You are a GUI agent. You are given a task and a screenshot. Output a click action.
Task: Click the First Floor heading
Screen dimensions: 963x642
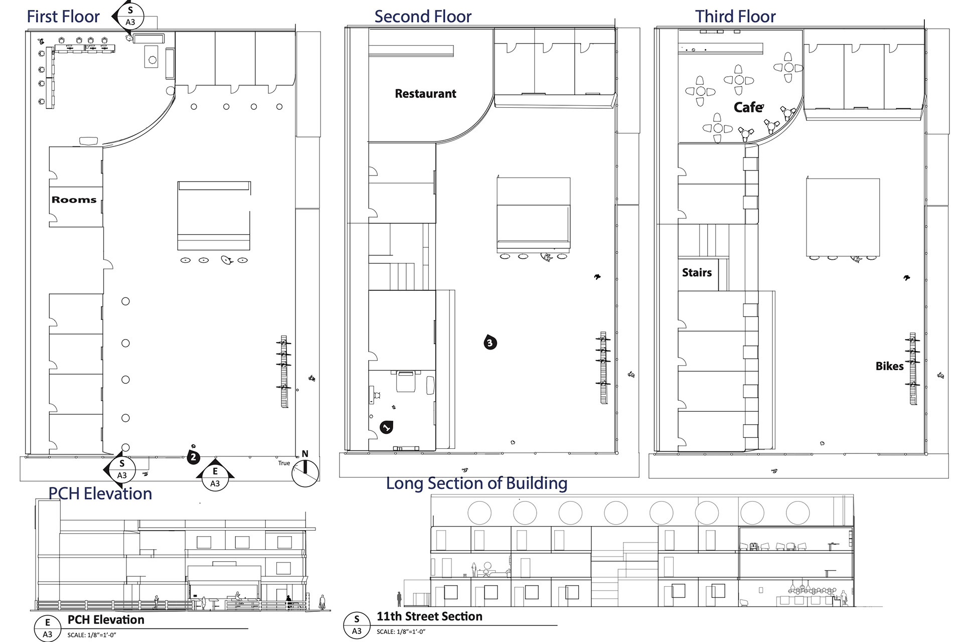pos(63,17)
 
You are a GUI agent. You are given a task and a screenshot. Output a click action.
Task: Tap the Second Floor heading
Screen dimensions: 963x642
pos(423,17)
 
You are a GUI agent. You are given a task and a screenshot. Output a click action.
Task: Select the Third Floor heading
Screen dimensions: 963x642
pos(735,17)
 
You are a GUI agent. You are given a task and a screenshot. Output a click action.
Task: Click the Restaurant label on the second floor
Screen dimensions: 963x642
pos(425,94)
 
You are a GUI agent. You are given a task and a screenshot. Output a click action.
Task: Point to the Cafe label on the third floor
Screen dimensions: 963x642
pos(749,107)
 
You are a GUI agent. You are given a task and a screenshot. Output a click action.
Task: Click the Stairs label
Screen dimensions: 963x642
pos(697,272)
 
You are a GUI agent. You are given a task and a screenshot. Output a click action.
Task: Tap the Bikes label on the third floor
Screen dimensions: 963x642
pos(889,366)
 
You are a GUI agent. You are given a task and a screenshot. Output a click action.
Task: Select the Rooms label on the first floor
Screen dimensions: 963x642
pos(74,200)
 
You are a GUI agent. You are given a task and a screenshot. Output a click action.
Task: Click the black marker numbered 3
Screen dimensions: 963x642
pos(490,343)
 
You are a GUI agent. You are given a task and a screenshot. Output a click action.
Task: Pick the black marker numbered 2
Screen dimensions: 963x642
pos(193,457)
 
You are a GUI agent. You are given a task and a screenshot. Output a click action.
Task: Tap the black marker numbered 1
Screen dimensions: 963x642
pos(386,427)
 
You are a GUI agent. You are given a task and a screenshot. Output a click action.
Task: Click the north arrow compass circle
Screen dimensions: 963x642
pos(305,473)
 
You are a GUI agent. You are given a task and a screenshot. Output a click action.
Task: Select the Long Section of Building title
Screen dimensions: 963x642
pos(476,483)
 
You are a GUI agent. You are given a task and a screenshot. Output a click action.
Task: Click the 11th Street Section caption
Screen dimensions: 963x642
pos(429,616)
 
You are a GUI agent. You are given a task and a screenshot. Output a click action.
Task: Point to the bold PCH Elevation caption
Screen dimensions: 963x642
pos(106,620)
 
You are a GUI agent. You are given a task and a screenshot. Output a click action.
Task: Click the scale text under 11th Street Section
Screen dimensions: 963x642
pos(401,631)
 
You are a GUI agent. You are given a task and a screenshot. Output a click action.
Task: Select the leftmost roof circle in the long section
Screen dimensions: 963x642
pos(479,513)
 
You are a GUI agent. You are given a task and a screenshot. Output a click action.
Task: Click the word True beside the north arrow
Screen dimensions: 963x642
pos(284,463)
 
